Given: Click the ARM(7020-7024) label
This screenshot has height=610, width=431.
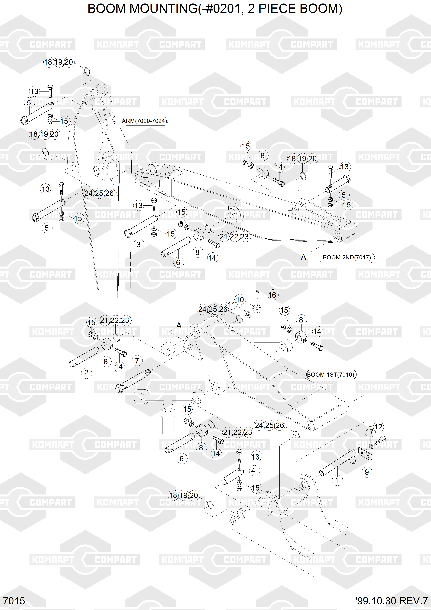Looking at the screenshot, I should click(145, 121).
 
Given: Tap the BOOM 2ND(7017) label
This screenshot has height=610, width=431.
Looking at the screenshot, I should click(347, 257).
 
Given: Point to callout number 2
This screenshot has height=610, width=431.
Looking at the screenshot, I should click(86, 373).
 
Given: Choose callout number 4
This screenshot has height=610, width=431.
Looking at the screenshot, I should click(253, 470).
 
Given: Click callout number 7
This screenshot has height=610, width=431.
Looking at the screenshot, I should click(137, 361).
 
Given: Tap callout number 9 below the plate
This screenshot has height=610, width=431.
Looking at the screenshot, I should click(366, 472).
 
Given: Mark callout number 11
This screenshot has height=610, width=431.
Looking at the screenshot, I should click(232, 305).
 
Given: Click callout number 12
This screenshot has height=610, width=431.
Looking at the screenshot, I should click(378, 427).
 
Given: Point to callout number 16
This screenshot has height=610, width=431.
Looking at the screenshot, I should click(272, 295).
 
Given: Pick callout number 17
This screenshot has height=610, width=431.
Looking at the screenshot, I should click(370, 432).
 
